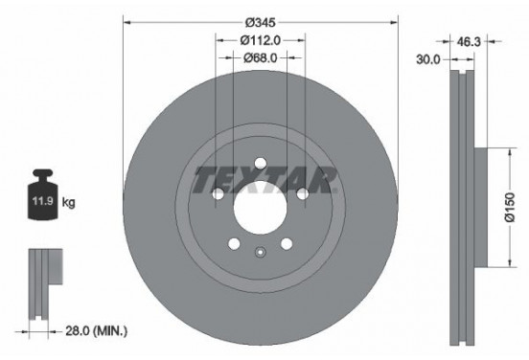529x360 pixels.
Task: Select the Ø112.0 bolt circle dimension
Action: pyautogui.click(x=260, y=40)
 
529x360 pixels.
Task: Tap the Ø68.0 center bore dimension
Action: pyautogui.click(x=260, y=58)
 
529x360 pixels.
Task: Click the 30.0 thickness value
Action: pyautogui.click(x=428, y=58)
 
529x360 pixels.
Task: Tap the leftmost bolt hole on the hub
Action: pyautogui.click(x=217, y=195)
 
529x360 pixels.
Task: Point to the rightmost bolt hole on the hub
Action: pyautogui.click(x=303, y=195)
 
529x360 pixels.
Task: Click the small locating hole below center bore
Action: pyautogui.click(x=260, y=253)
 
